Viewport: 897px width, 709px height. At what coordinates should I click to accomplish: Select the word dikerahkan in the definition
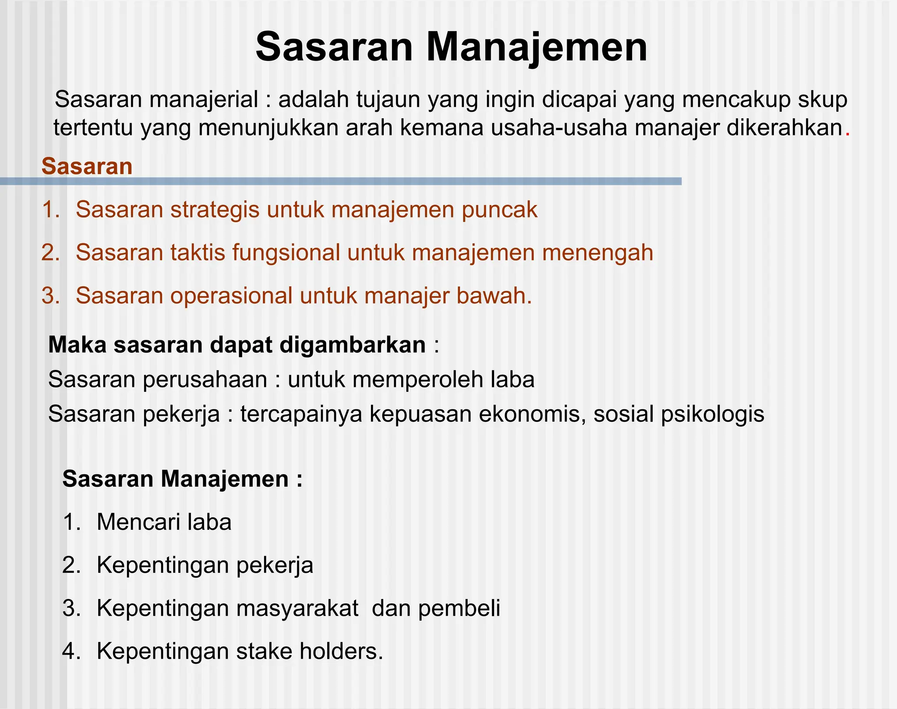(x=784, y=128)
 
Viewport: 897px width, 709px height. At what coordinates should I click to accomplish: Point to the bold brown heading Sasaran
(x=87, y=167)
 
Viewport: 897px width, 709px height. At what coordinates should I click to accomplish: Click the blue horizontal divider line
(x=341, y=181)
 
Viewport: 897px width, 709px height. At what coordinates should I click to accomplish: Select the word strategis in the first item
(x=215, y=209)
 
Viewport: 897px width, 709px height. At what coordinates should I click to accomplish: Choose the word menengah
(x=597, y=253)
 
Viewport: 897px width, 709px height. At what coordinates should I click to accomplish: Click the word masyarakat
(x=297, y=609)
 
